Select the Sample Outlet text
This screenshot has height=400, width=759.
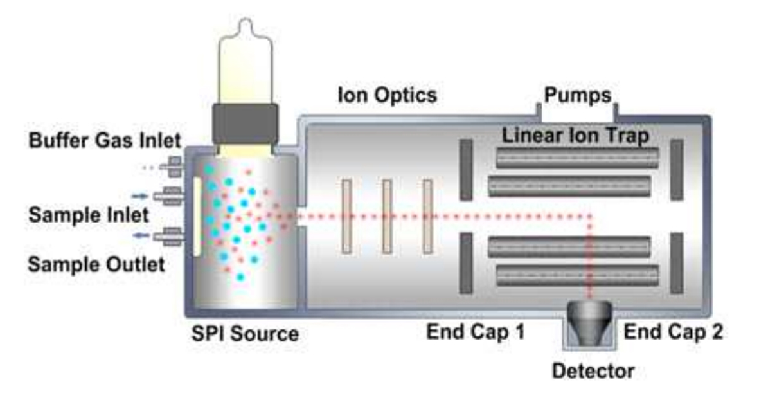point(96,264)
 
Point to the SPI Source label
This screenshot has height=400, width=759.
point(244,334)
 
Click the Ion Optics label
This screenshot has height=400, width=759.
point(388,96)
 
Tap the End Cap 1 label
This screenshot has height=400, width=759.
point(476,332)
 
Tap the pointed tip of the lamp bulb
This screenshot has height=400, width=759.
point(244,24)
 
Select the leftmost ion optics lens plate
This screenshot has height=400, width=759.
point(346,216)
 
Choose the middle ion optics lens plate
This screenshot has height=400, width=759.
point(387,216)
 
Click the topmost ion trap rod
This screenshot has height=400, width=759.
point(577,158)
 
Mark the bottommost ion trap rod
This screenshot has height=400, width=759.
point(577,275)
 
